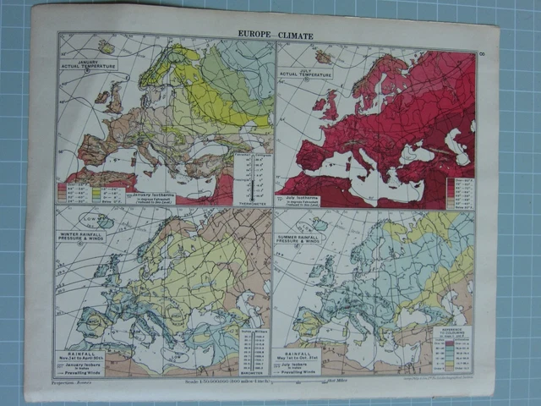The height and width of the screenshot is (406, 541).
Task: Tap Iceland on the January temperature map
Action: tap(106, 46)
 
